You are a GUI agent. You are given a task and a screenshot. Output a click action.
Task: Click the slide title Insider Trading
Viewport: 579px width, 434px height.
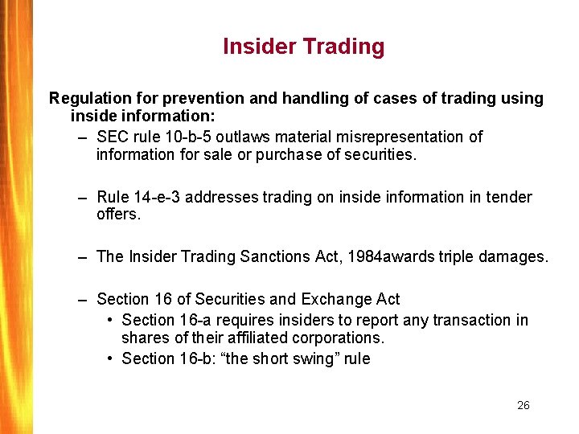(x=303, y=47)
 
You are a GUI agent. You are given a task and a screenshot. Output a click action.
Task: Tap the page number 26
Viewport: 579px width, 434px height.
(x=523, y=405)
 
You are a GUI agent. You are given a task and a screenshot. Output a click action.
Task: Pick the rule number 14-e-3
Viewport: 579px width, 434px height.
(x=159, y=197)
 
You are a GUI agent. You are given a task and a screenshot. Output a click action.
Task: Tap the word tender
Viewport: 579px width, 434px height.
(x=510, y=197)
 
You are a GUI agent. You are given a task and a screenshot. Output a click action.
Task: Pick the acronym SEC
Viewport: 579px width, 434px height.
(x=112, y=137)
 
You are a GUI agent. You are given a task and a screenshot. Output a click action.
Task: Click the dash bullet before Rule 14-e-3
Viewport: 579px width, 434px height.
(x=83, y=198)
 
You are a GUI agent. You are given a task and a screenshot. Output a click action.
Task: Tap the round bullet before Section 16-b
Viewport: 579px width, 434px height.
(x=110, y=358)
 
